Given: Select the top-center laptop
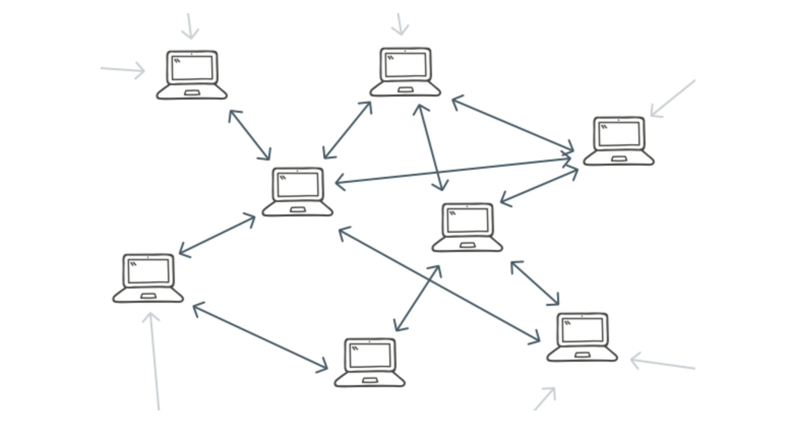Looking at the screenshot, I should point(405,72).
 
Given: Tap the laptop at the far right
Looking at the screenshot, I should point(619,141).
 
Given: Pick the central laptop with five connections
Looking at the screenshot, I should point(297,192).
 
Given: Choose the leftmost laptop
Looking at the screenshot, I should point(148,278).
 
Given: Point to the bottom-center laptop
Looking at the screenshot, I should point(370,362).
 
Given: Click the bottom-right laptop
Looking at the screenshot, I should point(582,337).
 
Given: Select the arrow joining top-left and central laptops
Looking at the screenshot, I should point(250,135).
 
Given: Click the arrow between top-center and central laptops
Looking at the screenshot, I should point(348,130).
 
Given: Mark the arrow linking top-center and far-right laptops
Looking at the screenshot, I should point(512,124).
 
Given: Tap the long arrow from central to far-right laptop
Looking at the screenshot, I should point(452,170).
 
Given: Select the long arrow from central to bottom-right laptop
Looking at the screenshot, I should point(439,285).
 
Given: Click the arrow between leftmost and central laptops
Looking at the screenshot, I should point(217,235).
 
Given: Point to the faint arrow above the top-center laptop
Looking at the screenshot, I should point(400,24).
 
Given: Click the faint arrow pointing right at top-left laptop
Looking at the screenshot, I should point(123,70).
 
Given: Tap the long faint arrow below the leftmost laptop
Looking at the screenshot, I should point(154,361).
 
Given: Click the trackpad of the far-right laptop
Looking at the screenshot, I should point(619,159).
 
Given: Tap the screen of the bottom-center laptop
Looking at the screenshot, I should point(370,355).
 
